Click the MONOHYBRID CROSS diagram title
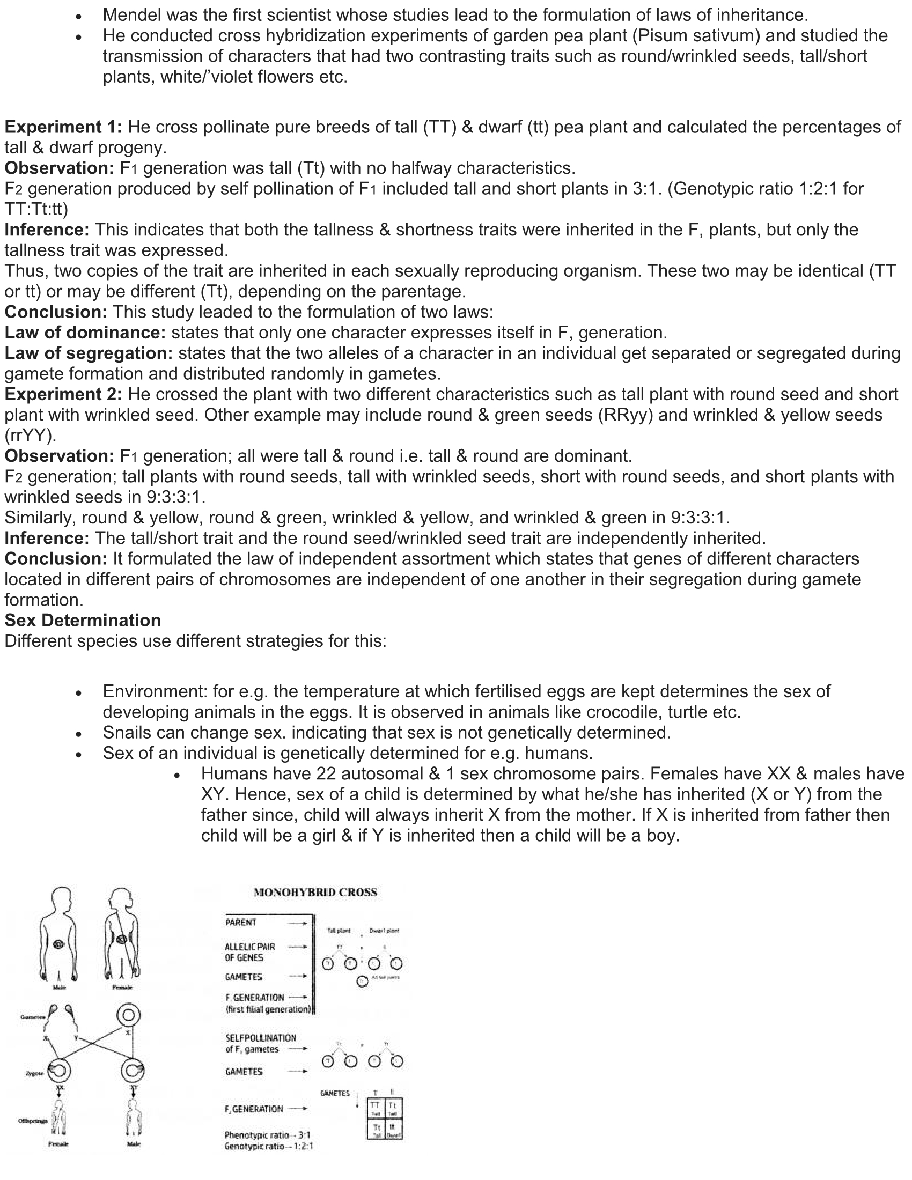[315, 892]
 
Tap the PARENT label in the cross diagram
[241, 923]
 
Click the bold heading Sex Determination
[83, 620]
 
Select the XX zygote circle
[60, 1070]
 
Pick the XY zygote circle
[133, 1070]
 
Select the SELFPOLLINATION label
[260, 1037]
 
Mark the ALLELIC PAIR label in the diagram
[249, 947]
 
